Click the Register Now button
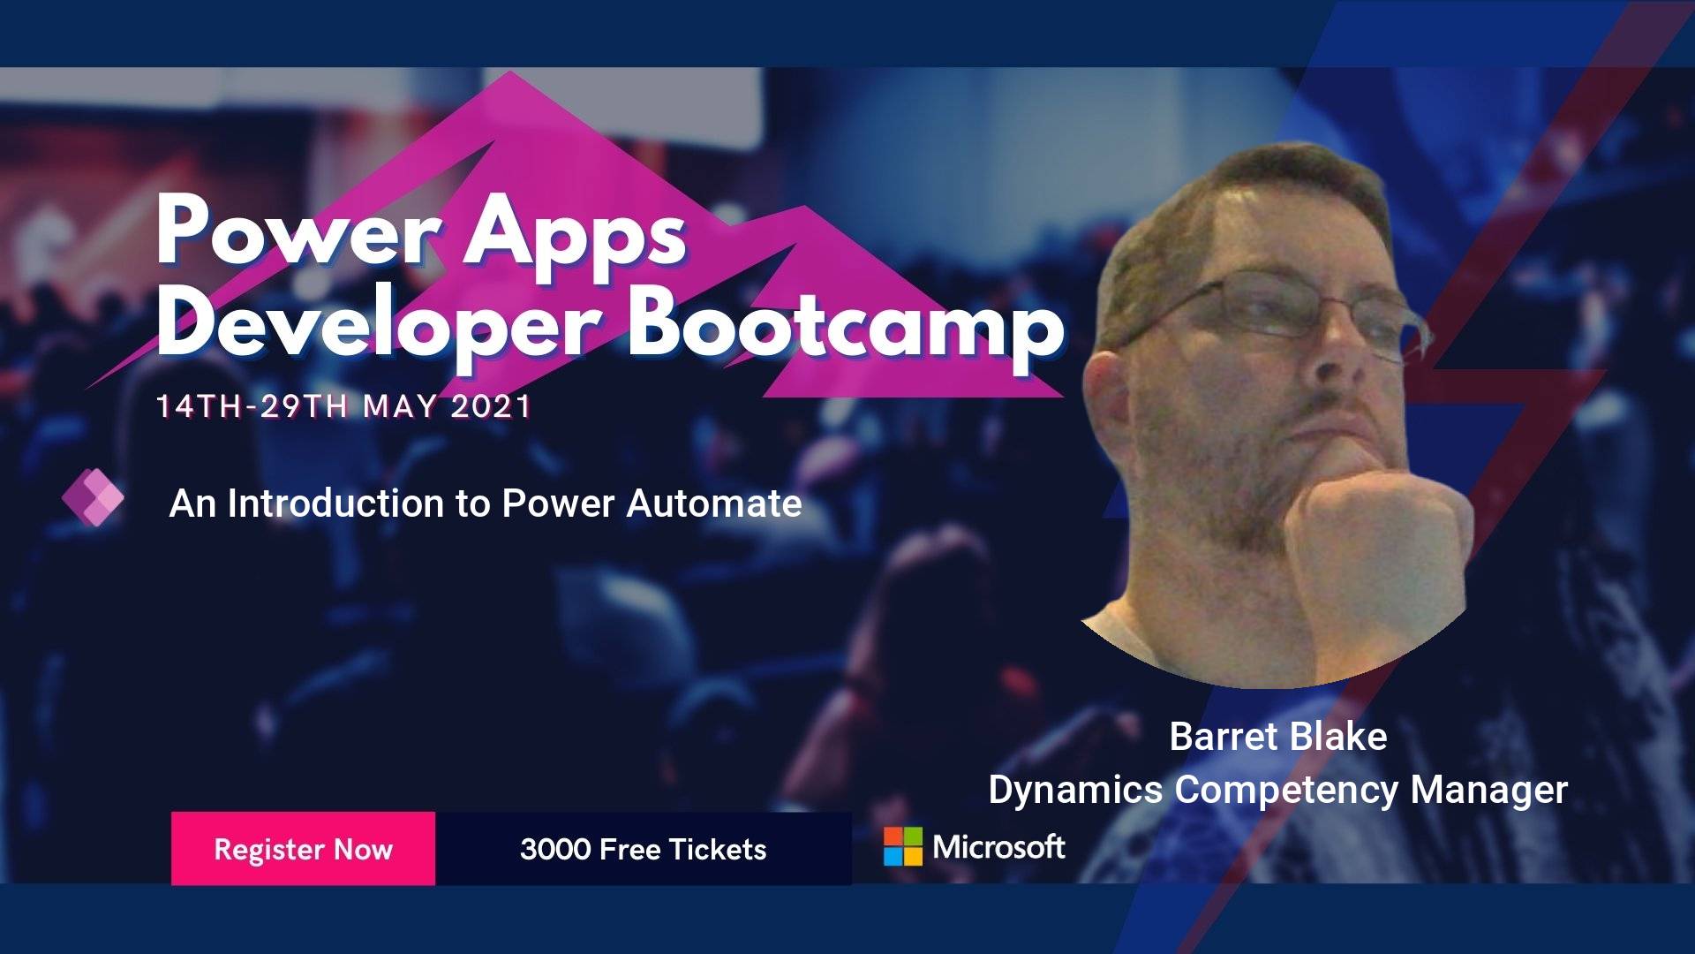click(x=303, y=848)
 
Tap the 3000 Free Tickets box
click(x=644, y=848)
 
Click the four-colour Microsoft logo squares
click(x=903, y=846)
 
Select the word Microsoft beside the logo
click(x=999, y=847)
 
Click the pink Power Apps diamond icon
click(x=93, y=497)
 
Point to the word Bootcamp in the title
click(x=845, y=328)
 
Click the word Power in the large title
click(x=298, y=231)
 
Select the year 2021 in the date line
click(x=491, y=406)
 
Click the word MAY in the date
click(x=400, y=406)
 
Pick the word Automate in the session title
click(x=714, y=503)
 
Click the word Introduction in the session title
click(x=336, y=503)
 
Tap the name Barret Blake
click(x=1277, y=737)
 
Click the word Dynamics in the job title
click(x=1075, y=790)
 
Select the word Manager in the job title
click(x=1489, y=791)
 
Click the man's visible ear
click(x=1107, y=397)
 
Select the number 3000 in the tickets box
click(x=555, y=849)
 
